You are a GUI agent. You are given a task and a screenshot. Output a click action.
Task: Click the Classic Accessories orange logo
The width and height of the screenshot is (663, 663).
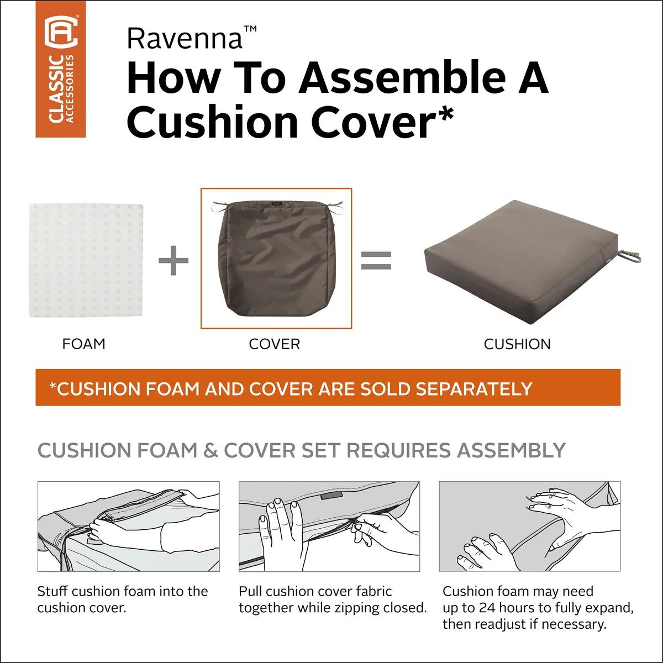[61, 69]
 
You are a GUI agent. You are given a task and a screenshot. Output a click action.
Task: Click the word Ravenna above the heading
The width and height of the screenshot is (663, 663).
[185, 39]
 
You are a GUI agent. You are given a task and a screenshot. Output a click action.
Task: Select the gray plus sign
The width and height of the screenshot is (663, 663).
[173, 260]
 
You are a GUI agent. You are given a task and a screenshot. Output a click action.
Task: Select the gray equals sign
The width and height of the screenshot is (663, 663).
[376, 260]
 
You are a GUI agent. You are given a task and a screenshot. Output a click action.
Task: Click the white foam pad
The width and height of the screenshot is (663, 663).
[86, 260]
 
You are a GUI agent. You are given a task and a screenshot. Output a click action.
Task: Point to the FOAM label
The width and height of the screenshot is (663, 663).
[83, 344]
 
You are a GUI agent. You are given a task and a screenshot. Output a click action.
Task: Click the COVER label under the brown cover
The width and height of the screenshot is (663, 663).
[274, 344]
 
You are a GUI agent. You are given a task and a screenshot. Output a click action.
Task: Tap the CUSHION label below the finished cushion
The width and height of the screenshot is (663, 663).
[517, 344]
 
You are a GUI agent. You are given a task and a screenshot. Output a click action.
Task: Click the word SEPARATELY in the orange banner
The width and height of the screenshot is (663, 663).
[473, 389]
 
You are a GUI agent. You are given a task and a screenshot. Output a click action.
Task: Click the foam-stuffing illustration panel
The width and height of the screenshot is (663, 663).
[128, 527]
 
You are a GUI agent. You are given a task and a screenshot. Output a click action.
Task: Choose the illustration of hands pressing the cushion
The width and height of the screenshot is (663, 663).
[530, 527]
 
